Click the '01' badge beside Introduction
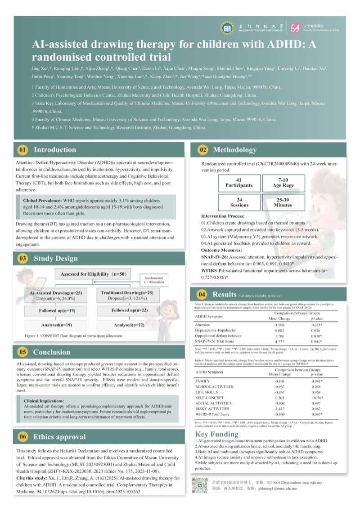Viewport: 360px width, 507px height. (x=23, y=150)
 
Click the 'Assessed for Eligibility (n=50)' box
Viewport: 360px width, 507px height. (x=94, y=274)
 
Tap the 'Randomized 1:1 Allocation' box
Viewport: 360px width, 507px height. (x=153, y=280)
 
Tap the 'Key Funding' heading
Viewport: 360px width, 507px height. (x=216, y=434)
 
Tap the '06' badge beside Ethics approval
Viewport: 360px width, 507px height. (x=23, y=437)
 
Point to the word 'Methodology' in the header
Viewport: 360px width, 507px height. (x=234, y=150)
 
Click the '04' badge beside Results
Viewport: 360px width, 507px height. (x=202, y=295)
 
